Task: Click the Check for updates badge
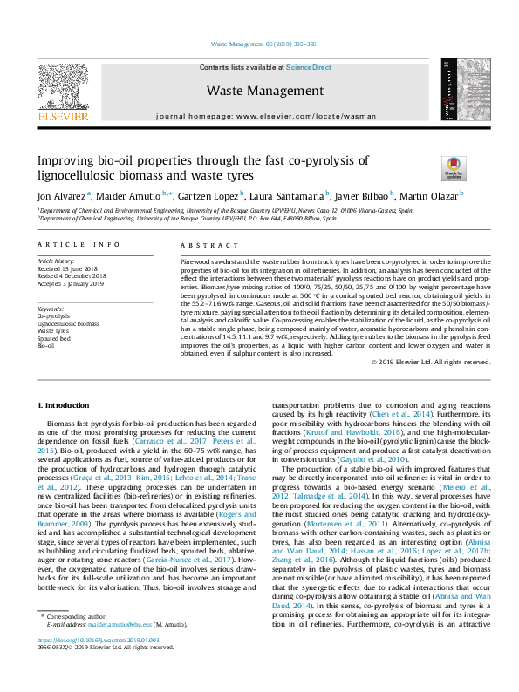[454, 166]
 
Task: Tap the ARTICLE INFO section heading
[77, 246]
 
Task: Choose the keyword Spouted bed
[53, 338]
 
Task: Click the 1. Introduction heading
[66, 406]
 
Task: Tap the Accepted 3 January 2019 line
[70, 282]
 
